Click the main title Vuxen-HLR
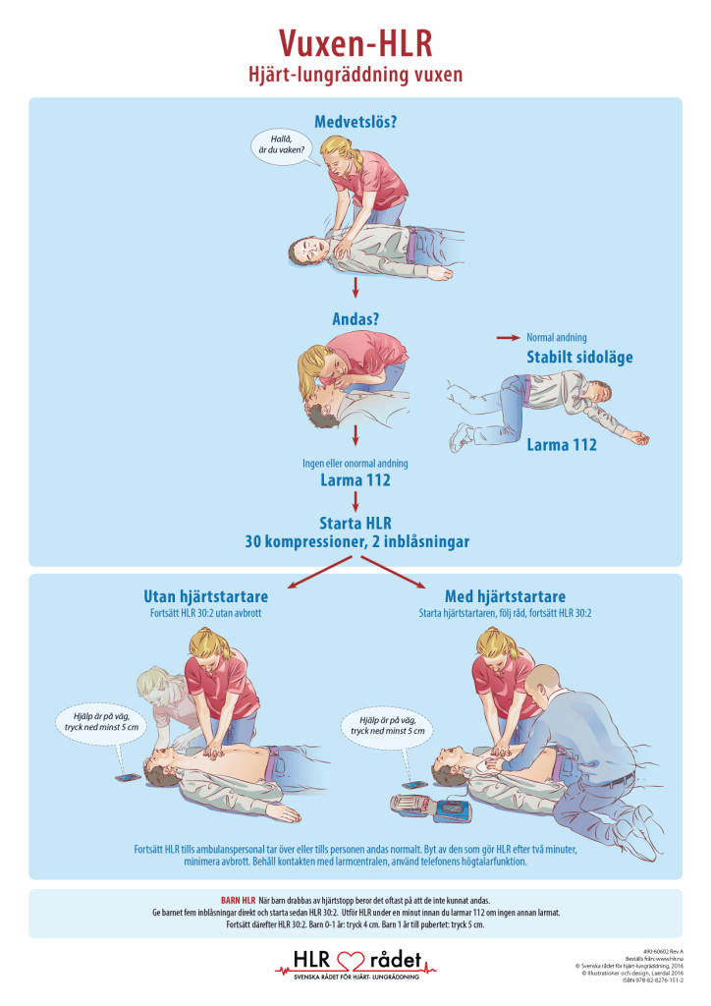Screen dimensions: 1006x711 [x=355, y=44]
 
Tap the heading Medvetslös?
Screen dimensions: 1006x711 [x=355, y=122]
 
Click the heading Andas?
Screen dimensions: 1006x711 [x=355, y=319]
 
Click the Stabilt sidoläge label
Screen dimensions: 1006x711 [x=579, y=357]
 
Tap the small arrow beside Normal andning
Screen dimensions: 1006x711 [x=508, y=337]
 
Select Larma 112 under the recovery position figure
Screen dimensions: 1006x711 [x=561, y=444]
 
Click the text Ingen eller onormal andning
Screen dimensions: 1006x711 [x=355, y=463]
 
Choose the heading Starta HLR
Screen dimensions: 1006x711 [x=355, y=523]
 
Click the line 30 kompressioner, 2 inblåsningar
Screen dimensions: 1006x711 [x=355, y=541]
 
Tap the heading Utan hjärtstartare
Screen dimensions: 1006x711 [x=205, y=596]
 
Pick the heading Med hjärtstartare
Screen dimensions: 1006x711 [x=505, y=596]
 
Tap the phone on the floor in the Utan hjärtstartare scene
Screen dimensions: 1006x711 [x=128, y=777]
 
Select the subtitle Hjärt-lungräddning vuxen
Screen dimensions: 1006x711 [x=355, y=75]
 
